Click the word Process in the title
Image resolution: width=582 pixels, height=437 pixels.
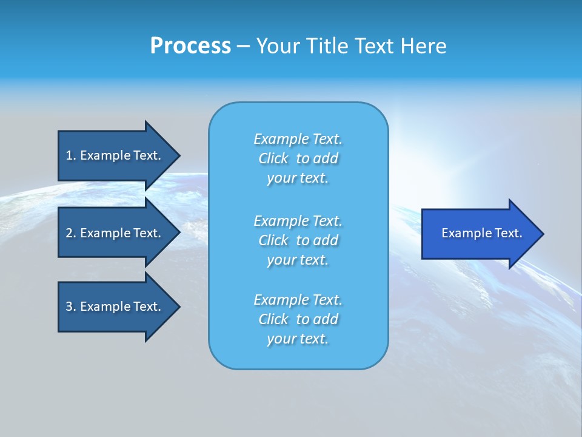(190, 46)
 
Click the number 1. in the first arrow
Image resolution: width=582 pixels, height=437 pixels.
(71, 155)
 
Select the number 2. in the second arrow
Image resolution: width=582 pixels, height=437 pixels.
(71, 233)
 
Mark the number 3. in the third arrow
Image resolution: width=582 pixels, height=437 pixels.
(71, 307)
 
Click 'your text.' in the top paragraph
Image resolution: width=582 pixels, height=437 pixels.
(298, 178)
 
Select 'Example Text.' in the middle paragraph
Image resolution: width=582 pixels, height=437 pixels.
(298, 220)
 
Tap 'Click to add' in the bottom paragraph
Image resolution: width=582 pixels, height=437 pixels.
(298, 319)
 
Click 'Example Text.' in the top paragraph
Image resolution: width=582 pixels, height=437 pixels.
(298, 139)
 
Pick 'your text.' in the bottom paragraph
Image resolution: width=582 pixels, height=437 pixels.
(298, 339)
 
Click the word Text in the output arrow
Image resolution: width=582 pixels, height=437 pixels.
(509, 233)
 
